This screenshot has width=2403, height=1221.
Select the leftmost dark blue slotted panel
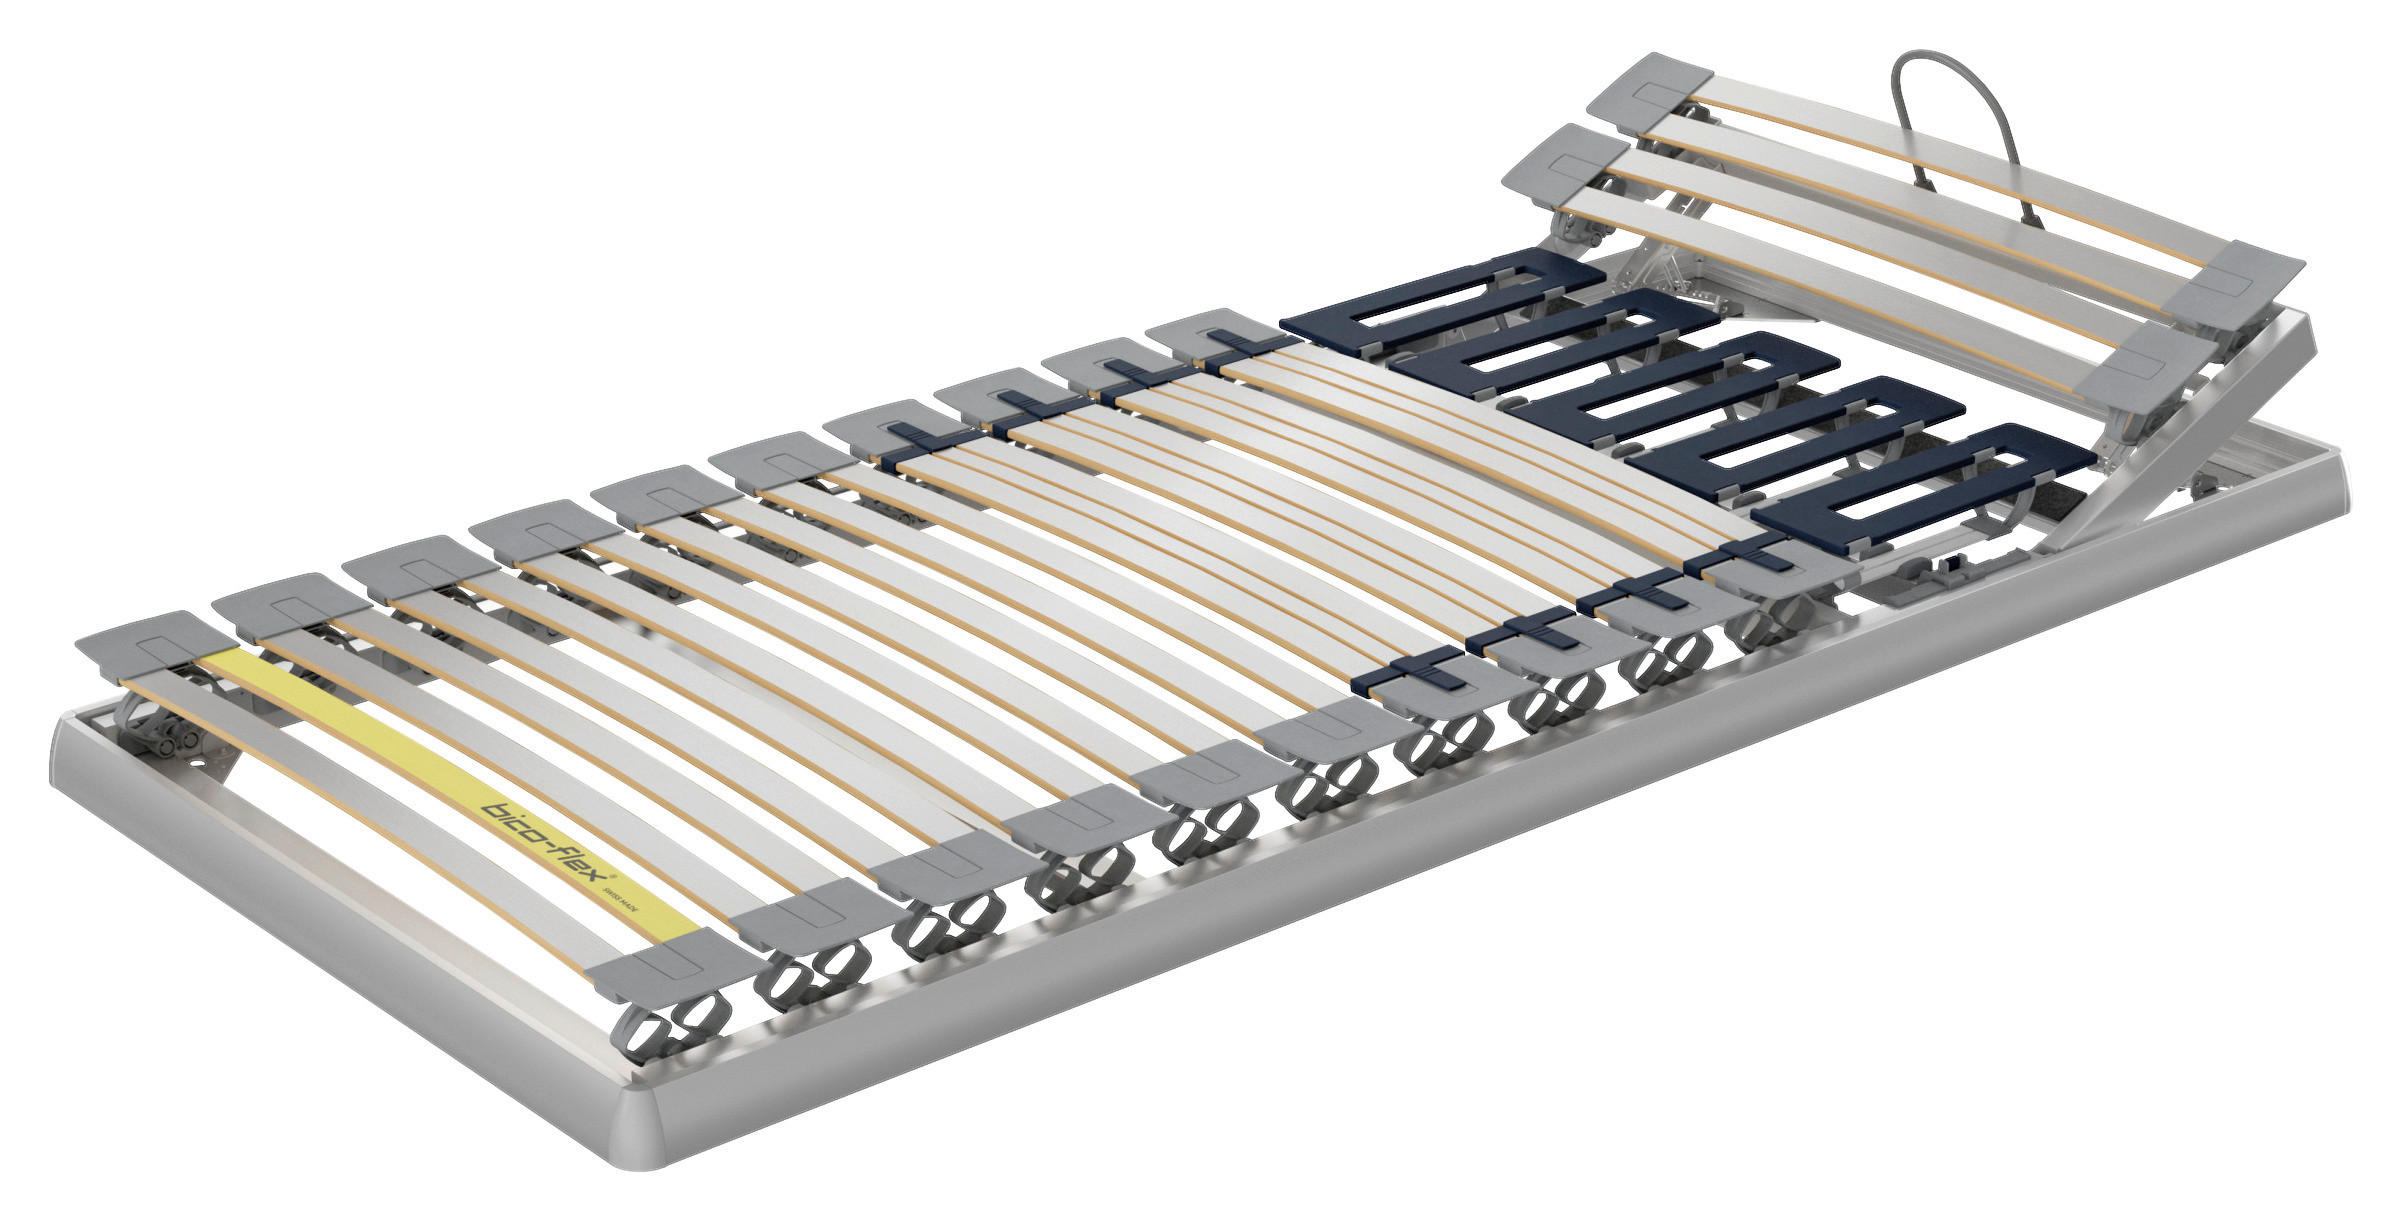(1430, 299)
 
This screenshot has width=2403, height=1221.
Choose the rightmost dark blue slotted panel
(1920, 489)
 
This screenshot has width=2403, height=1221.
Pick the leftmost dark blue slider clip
(915, 440)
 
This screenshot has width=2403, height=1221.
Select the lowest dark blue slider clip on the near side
(1410, 670)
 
